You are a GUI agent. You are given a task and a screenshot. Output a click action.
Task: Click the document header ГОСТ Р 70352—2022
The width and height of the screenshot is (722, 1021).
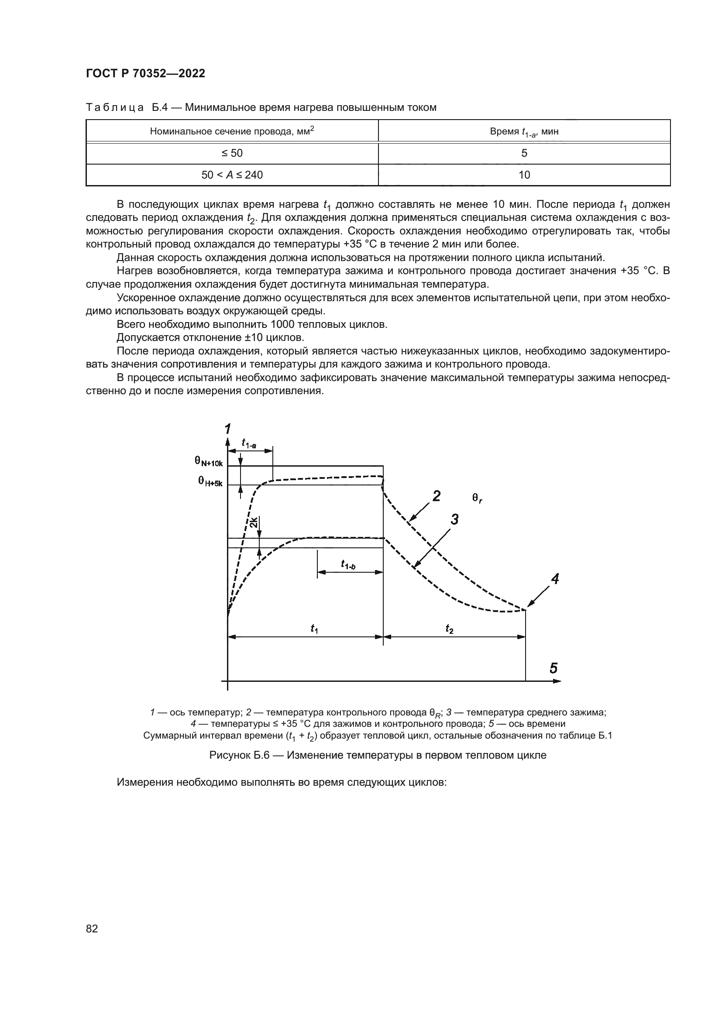pyautogui.click(x=145, y=74)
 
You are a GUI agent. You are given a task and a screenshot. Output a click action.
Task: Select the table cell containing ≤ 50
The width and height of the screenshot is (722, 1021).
pyautogui.click(x=232, y=153)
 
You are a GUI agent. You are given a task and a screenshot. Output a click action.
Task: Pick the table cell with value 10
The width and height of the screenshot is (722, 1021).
pyautogui.click(x=524, y=175)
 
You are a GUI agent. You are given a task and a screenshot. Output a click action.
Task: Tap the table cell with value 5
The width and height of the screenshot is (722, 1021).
pyautogui.click(x=524, y=153)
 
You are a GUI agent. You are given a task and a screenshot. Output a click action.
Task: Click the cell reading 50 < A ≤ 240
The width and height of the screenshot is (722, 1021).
pyautogui.click(x=232, y=175)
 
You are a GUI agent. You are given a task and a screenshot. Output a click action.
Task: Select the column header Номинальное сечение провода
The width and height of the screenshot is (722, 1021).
pyautogui.click(x=232, y=131)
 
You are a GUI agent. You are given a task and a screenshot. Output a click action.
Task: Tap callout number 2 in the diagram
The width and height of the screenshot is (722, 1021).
pyautogui.click(x=436, y=496)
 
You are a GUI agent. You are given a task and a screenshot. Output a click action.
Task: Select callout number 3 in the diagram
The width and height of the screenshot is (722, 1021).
pyautogui.click(x=454, y=519)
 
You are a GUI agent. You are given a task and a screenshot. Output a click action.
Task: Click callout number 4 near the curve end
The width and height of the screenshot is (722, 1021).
pyautogui.click(x=555, y=578)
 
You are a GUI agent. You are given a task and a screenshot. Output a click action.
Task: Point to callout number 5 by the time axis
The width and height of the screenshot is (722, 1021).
pyautogui.click(x=554, y=668)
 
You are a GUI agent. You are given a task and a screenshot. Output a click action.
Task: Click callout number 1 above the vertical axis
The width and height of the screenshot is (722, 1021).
pyautogui.click(x=227, y=429)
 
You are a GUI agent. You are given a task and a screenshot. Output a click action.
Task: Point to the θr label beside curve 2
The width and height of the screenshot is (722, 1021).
pyautogui.click(x=477, y=499)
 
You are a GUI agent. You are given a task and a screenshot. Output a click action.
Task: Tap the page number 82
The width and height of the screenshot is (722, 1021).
pyautogui.click(x=92, y=928)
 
